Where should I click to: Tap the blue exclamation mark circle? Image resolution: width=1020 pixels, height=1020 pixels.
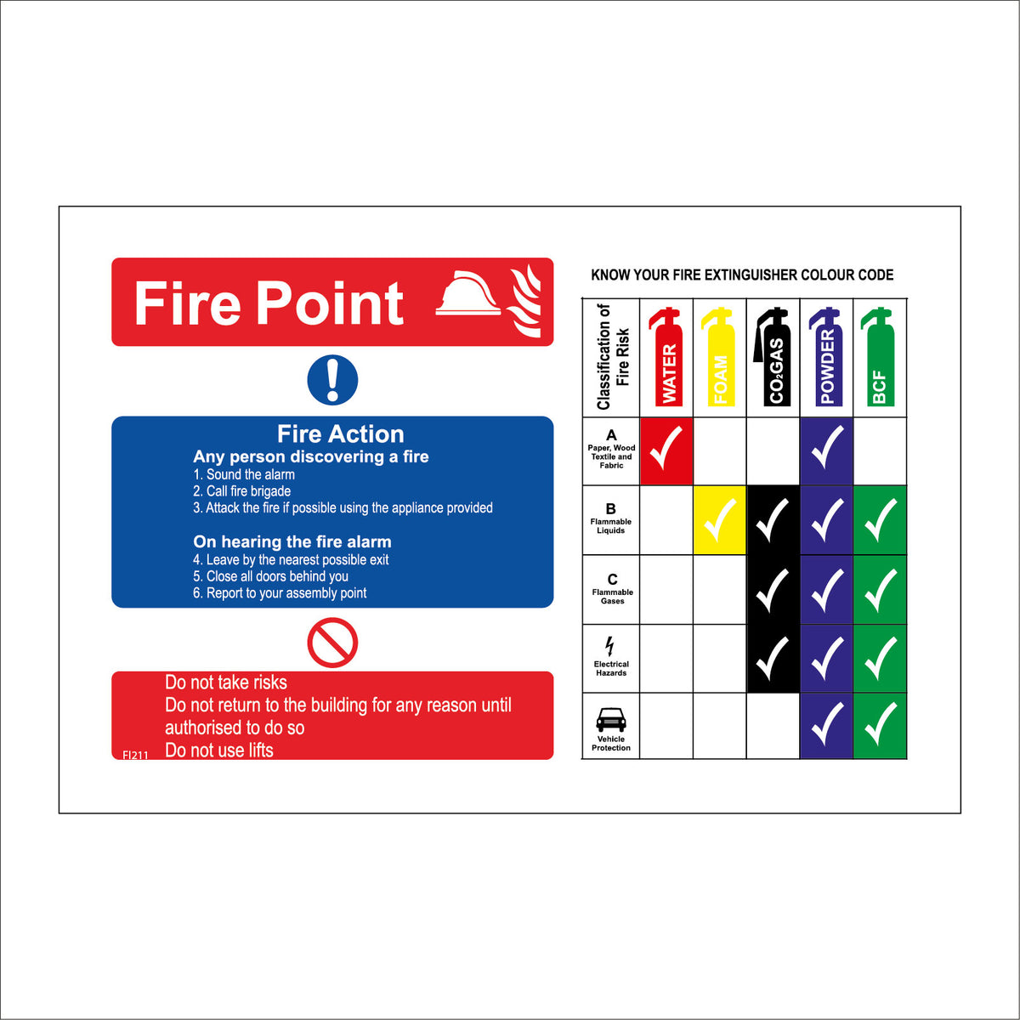pyautogui.click(x=332, y=379)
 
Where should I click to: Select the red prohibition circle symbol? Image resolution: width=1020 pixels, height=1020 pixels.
pyautogui.click(x=332, y=643)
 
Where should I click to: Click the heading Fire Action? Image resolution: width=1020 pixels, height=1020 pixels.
pyautogui.click(x=340, y=434)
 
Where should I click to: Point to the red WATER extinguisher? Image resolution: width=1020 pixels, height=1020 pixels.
pyautogui.click(x=667, y=357)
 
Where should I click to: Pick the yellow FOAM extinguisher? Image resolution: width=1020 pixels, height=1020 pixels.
pyautogui.click(x=719, y=357)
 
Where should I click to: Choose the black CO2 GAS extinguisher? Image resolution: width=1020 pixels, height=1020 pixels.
pyautogui.click(x=773, y=357)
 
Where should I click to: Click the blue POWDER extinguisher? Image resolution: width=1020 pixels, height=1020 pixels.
pyautogui.click(x=826, y=357)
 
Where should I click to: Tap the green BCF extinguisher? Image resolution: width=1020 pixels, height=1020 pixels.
pyautogui.click(x=879, y=357)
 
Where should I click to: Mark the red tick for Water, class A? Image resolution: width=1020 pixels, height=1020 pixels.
pyautogui.click(x=666, y=450)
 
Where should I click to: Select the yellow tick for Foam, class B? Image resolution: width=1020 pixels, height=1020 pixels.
pyautogui.click(x=720, y=520)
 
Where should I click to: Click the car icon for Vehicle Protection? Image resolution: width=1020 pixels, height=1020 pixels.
pyautogui.click(x=611, y=720)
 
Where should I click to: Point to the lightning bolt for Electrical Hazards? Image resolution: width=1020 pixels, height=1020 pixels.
pyautogui.click(x=609, y=646)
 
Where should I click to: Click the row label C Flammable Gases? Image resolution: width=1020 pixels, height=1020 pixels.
pyautogui.click(x=612, y=588)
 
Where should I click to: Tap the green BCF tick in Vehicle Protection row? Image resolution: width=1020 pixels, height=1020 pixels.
pyautogui.click(x=880, y=725)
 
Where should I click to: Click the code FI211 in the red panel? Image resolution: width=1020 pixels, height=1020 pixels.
pyautogui.click(x=135, y=754)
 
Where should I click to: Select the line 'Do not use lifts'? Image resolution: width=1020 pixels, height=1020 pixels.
pyautogui.click(x=219, y=750)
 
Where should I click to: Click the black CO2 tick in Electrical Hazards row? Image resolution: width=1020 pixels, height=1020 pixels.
pyautogui.click(x=773, y=658)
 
